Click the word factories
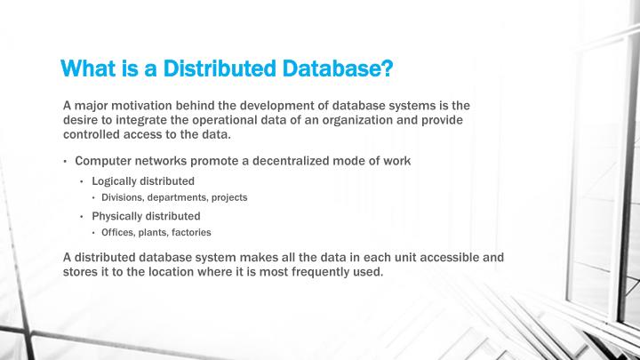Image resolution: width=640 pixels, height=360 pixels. [190, 232]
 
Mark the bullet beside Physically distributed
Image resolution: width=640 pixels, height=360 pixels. [82, 217]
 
